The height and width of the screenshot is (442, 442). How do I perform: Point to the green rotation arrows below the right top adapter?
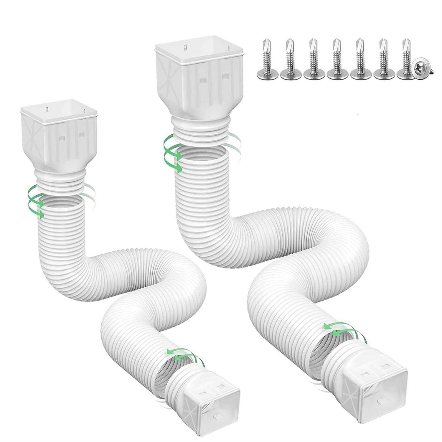tap(172, 153)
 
